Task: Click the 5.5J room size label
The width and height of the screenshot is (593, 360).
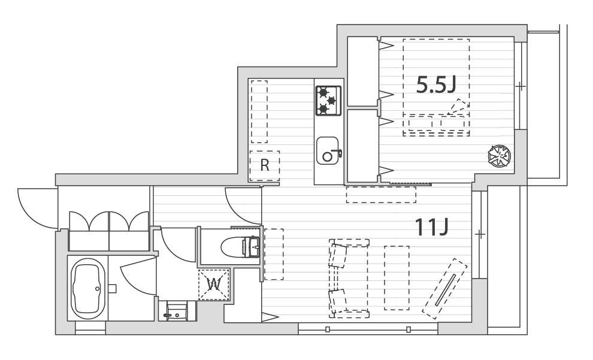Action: click(435, 84)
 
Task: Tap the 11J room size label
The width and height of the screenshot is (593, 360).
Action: click(431, 227)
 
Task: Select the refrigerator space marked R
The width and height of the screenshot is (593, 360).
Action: click(265, 166)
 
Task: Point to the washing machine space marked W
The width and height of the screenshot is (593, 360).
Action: click(214, 285)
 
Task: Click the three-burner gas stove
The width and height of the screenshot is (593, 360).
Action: click(328, 101)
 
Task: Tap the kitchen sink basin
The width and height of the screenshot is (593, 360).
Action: click(328, 150)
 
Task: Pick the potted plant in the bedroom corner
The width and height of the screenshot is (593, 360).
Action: click(499, 155)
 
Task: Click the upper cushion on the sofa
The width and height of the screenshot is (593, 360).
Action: click(337, 256)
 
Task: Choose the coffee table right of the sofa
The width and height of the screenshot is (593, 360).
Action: click(397, 278)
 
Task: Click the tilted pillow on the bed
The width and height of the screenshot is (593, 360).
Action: click(458, 107)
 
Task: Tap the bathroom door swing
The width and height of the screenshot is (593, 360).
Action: click(138, 276)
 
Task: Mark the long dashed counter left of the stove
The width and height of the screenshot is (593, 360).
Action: click(259, 111)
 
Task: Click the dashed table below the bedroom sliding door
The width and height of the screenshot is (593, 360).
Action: click(381, 194)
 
